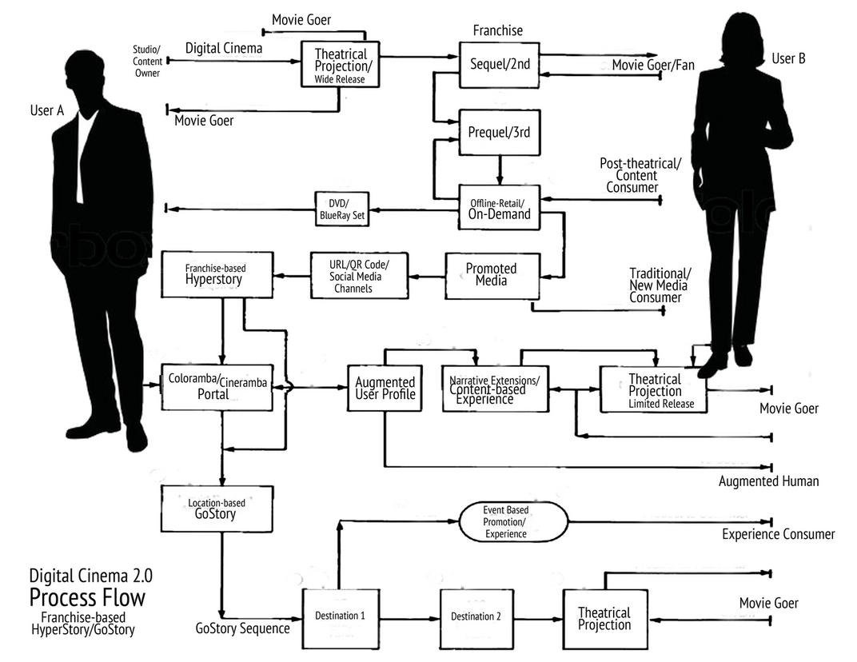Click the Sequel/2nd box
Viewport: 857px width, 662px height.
coord(500,65)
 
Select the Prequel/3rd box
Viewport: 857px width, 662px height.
coord(500,132)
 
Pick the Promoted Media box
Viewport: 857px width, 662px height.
coord(492,274)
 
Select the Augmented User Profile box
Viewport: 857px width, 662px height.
coord(385,388)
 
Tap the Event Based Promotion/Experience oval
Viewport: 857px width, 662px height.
coord(513,522)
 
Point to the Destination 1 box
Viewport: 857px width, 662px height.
coord(340,616)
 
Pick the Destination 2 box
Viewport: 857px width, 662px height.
coord(476,616)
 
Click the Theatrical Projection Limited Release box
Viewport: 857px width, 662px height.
coord(655,390)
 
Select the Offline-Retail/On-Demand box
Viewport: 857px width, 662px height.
coord(500,209)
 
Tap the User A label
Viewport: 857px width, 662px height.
coord(46,110)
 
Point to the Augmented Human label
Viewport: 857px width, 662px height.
coord(768,481)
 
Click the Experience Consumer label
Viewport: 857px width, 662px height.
coord(778,534)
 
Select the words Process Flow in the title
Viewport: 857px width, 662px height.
coord(88,596)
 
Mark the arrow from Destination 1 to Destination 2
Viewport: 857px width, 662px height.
coord(409,618)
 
